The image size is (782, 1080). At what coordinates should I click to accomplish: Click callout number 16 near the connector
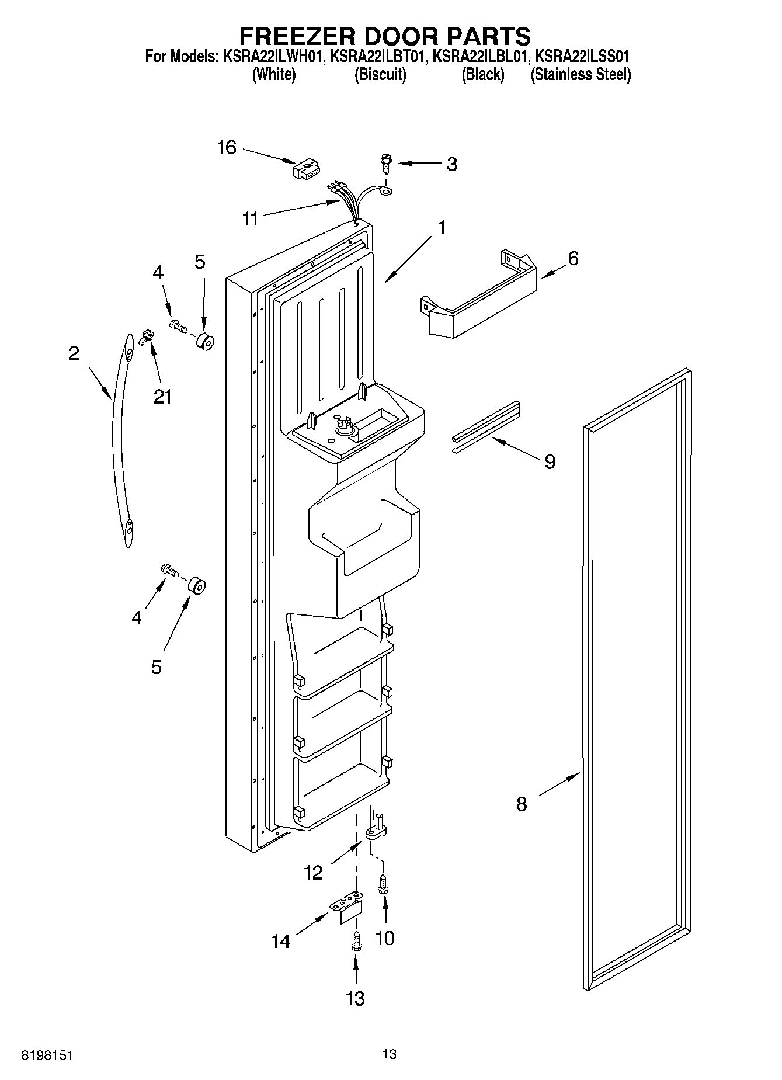pyautogui.click(x=227, y=147)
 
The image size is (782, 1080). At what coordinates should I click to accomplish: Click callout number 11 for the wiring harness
pyautogui.click(x=251, y=219)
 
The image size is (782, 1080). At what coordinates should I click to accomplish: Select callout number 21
pyautogui.click(x=162, y=397)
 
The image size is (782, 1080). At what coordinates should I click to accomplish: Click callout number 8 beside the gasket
pyautogui.click(x=522, y=804)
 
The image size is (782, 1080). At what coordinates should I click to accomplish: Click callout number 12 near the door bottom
pyautogui.click(x=314, y=873)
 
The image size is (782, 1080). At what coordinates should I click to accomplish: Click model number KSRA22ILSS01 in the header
pyautogui.click(x=582, y=57)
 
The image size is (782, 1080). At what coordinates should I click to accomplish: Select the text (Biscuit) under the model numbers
pyautogui.click(x=380, y=75)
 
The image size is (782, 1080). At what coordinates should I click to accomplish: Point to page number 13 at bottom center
pyautogui.click(x=390, y=1054)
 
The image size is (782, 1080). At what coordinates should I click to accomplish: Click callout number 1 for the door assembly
pyautogui.click(x=442, y=227)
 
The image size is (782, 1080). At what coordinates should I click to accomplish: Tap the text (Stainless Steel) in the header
pyautogui.click(x=581, y=75)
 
